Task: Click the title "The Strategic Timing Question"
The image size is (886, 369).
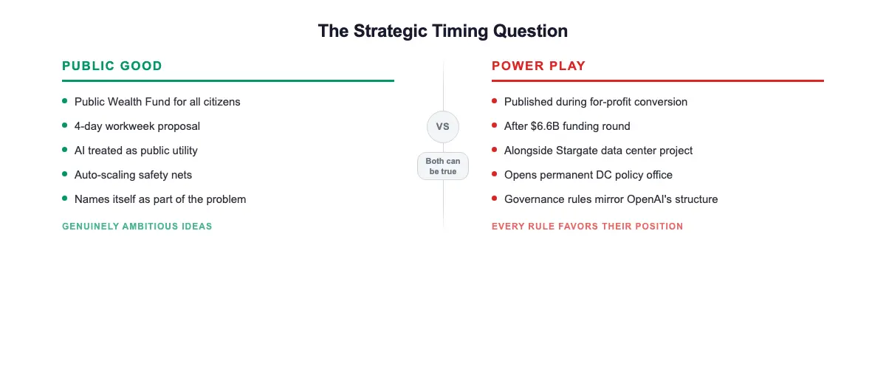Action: [x=442, y=31]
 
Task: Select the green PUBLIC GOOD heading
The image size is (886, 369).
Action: [x=112, y=66]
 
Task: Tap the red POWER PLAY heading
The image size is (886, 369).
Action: [x=538, y=66]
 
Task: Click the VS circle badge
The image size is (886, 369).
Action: [x=443, y=126]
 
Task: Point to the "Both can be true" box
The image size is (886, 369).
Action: [x=443, y=166]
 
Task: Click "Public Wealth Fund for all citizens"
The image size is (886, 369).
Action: [x=157, y=102]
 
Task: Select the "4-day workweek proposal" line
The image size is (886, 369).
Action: [x=137, y=126]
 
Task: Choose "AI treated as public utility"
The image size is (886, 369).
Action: [x=136, y=151]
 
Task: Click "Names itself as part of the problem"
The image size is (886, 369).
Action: [x=160, y=199]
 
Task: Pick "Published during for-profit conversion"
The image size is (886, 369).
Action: [x=595, y=102]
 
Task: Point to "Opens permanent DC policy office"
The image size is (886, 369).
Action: [x=588, y=175]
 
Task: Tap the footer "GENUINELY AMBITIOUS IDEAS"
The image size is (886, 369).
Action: [x=137, y=227]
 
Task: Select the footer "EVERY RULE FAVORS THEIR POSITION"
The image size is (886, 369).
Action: [x=587, y=227]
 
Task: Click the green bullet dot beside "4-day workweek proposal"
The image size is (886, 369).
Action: [x=65, y=125]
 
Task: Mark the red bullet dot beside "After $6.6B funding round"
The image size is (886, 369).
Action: [x=495, y=125]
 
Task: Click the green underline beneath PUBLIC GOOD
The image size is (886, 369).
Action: [x=227, y=80]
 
